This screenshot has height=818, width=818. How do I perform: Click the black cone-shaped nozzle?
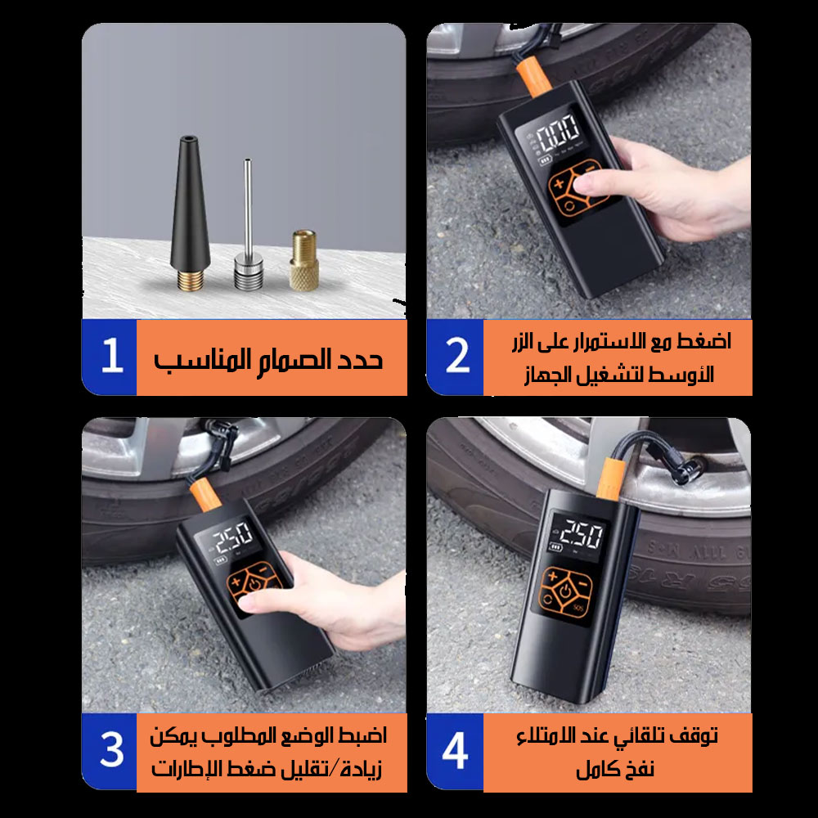tap(190, 213)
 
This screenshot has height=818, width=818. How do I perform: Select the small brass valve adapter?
tap(304, 260)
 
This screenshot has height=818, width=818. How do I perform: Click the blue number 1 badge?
tap(109, 357)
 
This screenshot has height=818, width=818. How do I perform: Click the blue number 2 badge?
tap(455, 357)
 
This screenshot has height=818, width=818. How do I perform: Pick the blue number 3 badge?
tap(109, 751)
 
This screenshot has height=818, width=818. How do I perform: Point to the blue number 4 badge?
tap(455, 751)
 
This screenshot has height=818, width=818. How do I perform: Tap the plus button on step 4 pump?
tap(553, 577)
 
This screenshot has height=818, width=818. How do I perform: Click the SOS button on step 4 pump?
tap(578, 607)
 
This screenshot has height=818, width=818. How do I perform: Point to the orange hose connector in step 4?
tap(609, 478)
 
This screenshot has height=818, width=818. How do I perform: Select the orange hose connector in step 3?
tap(204, 495)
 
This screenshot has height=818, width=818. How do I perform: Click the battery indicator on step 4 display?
tap(555, 548)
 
